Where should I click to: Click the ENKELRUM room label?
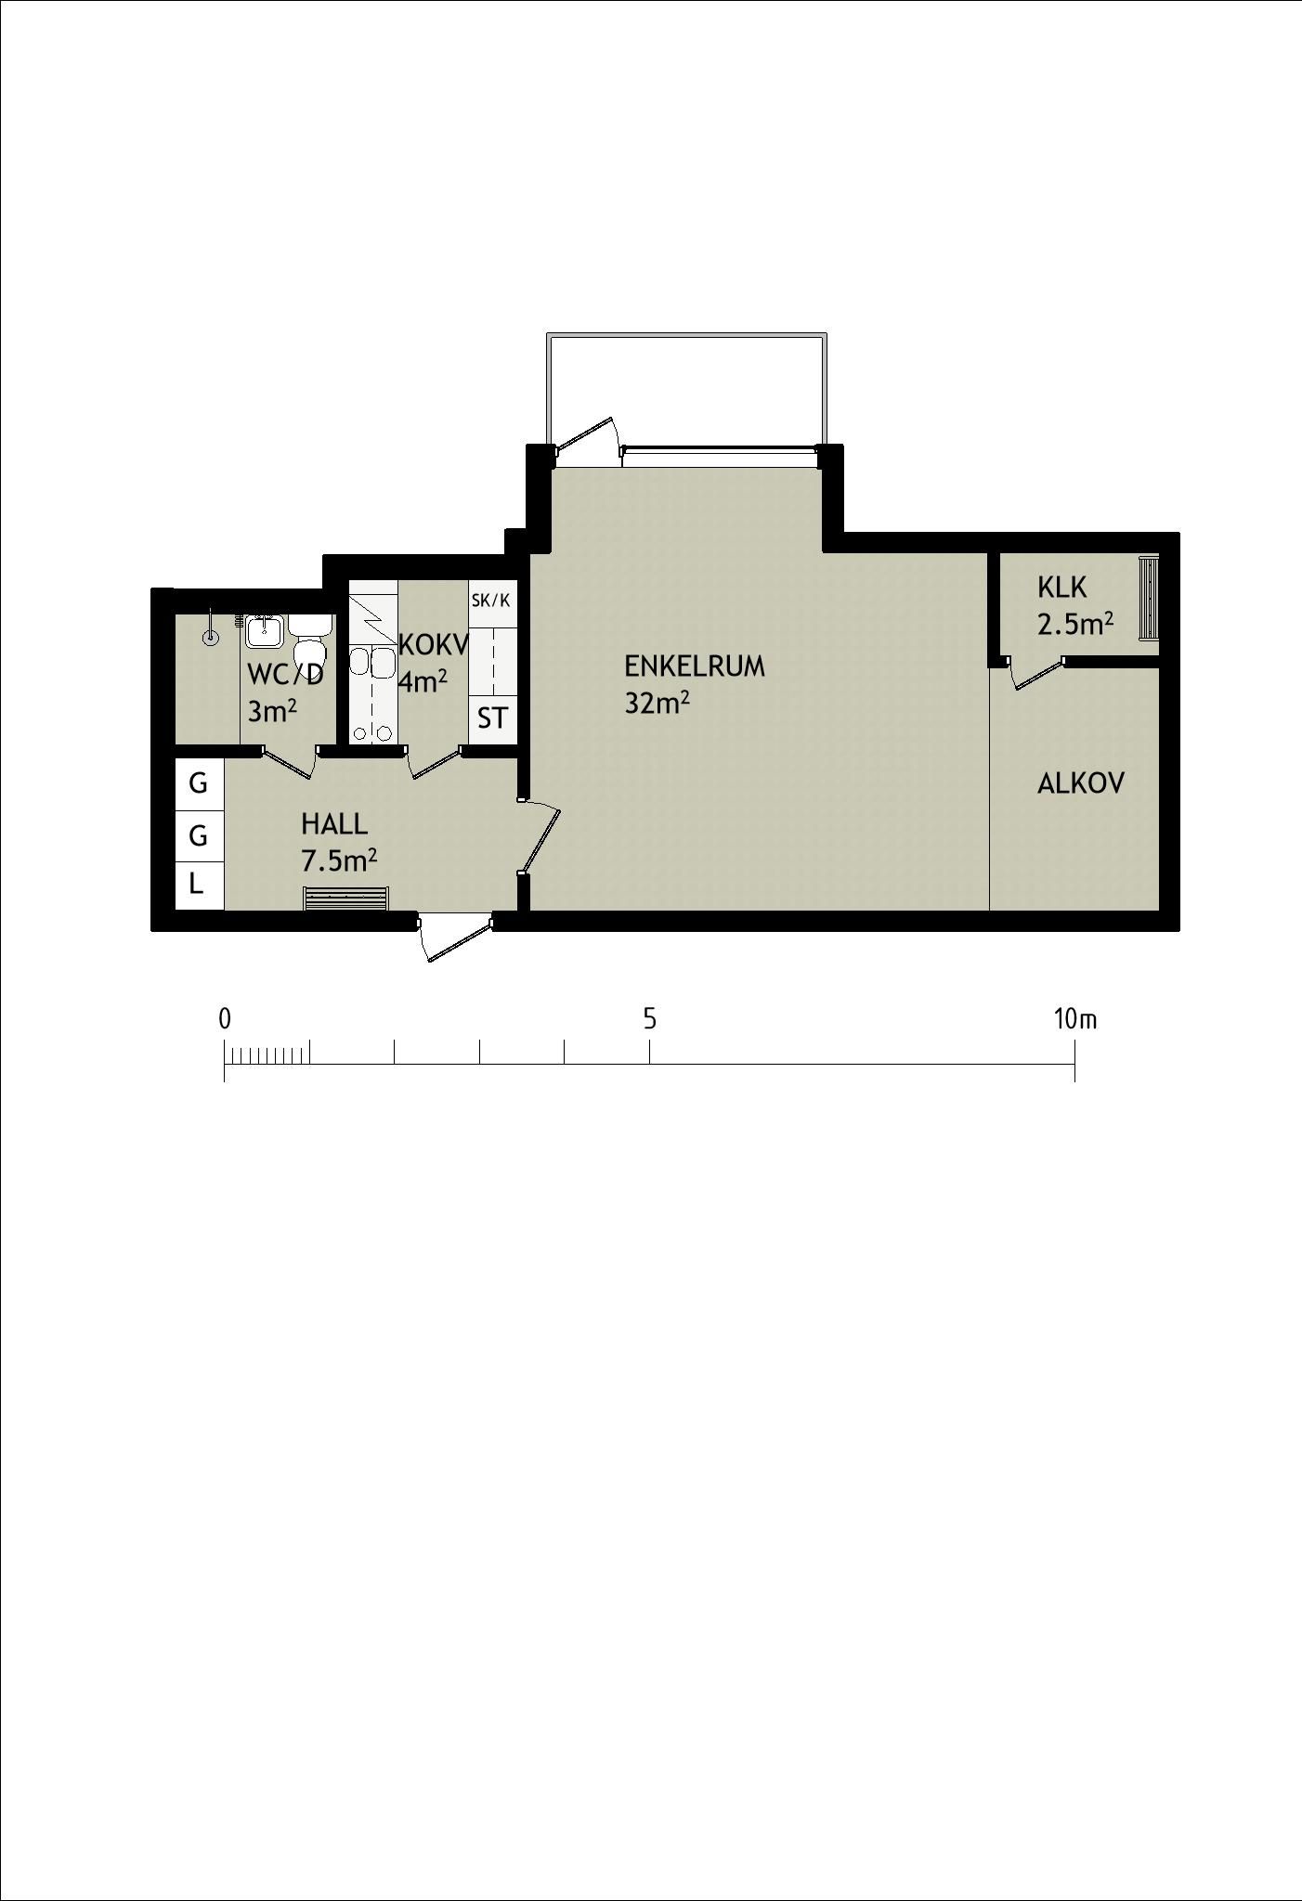(x=695, y=666)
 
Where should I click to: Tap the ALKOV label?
(x=1081, y=783)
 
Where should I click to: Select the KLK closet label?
(x=1061, y=588)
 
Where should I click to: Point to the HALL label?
(x=334, y=823)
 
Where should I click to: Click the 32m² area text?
(x=657, y=703)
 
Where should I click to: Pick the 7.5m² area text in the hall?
(x=339, y=860)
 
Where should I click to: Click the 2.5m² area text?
(x=1075, y=623)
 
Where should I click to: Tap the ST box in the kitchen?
(x=492, y=718)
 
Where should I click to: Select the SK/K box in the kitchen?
(x=491, y=601)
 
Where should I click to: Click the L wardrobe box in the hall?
(x=199, y=885)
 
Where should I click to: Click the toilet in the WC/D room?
(x=309, y=638)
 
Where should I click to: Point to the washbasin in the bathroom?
(x=265, y=631)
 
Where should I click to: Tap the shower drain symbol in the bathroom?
(x=212, y=638)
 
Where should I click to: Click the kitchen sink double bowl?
(x=371, y=663)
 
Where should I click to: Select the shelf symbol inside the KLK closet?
(x=1149, y=597)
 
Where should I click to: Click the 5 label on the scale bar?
(x=650, y=1019)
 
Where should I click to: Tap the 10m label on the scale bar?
(x=1075, y=1019)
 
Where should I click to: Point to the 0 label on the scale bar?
(x=225, y=1019)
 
